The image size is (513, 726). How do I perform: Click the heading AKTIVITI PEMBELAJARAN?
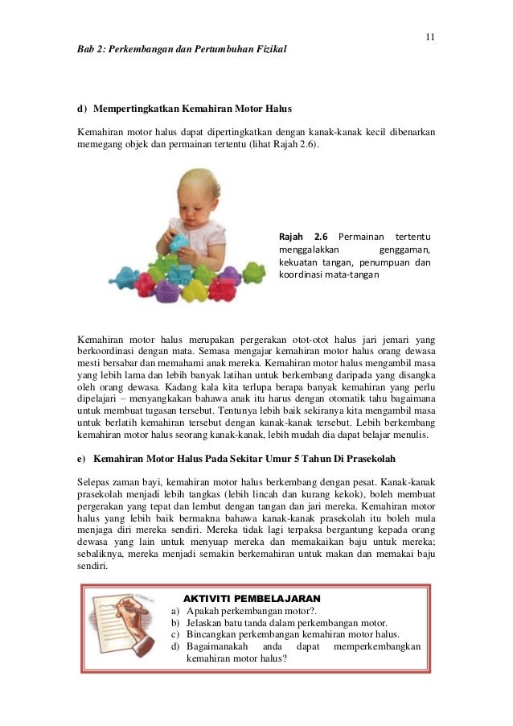252,599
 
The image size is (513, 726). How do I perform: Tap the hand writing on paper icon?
121,627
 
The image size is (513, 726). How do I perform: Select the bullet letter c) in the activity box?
175,634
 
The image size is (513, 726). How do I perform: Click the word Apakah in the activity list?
204,611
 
